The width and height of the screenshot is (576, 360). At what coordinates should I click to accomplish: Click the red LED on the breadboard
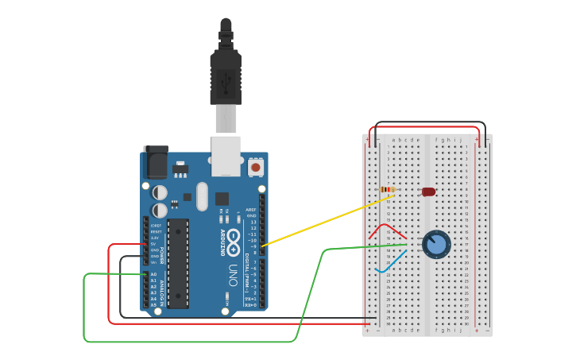tap(428, 192)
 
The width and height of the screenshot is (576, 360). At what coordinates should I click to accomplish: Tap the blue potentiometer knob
tap(435, 244)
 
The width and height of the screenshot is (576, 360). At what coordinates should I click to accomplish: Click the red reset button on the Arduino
tap(256, 167)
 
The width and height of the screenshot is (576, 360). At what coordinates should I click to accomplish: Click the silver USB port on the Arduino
tap(226, 154)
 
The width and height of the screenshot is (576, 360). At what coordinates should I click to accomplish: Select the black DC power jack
tap(155, 162)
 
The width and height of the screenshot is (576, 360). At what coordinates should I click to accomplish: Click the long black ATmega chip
tap(178, 262)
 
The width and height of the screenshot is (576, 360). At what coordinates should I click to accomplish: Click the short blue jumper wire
tap(391, 261)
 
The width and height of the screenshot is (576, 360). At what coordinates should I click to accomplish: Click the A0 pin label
tap(153, 274)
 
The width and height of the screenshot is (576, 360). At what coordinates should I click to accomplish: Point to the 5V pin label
tap(156, 244)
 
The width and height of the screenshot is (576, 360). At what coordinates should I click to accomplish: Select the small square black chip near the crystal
tap(222, 199)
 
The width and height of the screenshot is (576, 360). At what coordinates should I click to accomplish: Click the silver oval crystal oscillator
tap(201, 195)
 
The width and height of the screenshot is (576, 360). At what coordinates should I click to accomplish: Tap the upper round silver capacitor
tap(160, 192)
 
